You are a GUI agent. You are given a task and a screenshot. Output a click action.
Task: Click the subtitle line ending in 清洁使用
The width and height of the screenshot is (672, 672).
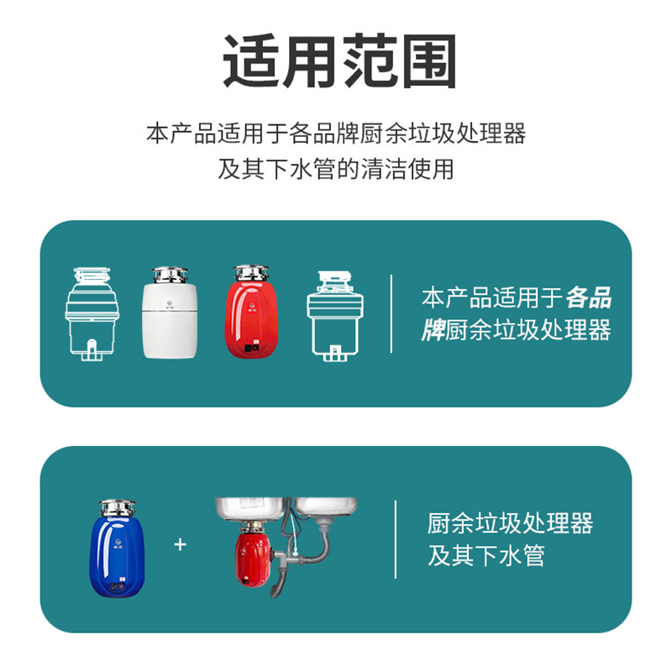[x=336, y=169]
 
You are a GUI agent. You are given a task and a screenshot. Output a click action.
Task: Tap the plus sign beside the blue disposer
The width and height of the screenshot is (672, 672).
[x=180, y=544]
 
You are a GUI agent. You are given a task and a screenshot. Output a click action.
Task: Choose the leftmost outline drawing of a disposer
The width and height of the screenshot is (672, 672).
[x=92, y=315]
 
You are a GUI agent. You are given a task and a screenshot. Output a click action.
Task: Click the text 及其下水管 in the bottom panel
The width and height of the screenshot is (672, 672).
[x=486, y=556]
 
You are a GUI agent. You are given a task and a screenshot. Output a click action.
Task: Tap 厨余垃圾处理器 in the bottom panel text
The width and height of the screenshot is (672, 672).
[x=510, y=525]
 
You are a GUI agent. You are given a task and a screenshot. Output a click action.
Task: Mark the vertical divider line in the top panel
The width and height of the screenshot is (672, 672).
[x=391, y=313]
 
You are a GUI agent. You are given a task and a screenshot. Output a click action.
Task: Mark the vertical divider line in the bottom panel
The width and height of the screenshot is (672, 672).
[x=396, y=539]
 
